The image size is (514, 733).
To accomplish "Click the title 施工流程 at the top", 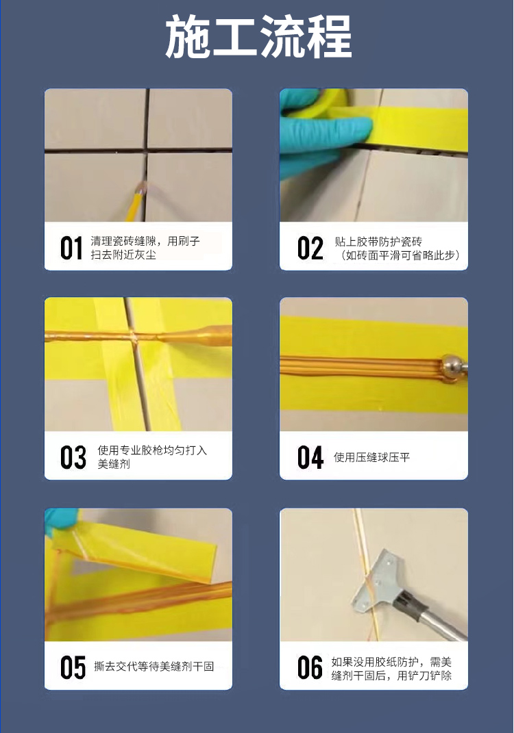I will (x=258, y=37).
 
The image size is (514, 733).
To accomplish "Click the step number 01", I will (x=71, y=248).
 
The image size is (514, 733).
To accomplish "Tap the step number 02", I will (x=310, y=248).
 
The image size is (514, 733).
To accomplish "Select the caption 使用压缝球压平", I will (x=371, y=457).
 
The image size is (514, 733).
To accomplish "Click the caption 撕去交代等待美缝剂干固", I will (x=154, y=666).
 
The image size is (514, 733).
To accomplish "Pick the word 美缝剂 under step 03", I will (x=114, y=465).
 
